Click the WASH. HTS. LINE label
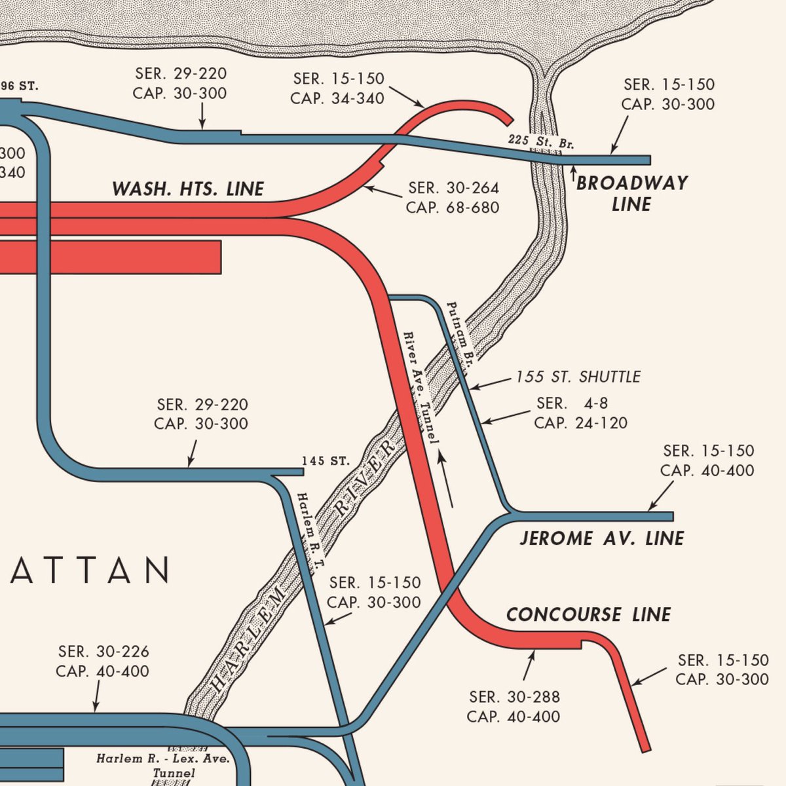[187, 189]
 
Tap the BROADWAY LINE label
[631, 193]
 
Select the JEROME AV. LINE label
[601, 538]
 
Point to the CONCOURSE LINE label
[588, 614]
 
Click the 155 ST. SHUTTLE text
[578, 377]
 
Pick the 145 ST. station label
[326, 461]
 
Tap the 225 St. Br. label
[540, 141]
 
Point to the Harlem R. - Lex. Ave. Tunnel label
[163, 766]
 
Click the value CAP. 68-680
[453, 208]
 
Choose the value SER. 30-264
[453, 188]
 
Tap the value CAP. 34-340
[337, 98]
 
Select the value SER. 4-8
[572, 403]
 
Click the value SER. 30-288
[514, 696]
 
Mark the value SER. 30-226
[103, 652]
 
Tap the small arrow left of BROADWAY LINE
[574, 174]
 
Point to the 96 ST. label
[20, 86]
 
